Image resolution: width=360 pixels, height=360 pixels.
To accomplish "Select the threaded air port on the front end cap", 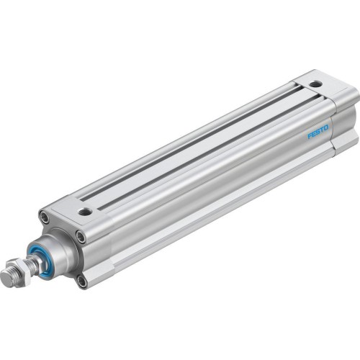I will pyautogui.click(x=86, y=212).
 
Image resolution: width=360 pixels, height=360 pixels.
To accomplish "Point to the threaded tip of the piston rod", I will pyautogui.click(x=7, y=277).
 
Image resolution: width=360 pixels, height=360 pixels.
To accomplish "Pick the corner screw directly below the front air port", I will pyautogui.click(x=80, y=235).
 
